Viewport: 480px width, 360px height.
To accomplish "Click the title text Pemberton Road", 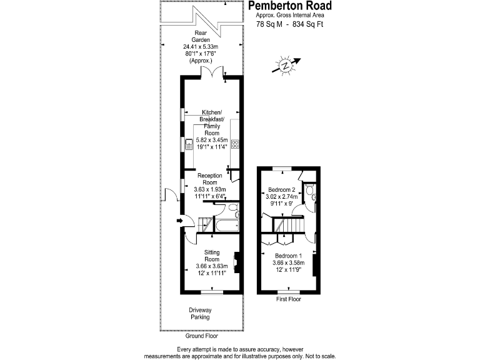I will tap(290, 6).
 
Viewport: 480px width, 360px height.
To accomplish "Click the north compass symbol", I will tap(286, 66).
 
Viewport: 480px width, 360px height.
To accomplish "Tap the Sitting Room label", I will tap(212, 256).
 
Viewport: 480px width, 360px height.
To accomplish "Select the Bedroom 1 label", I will tap(288, 256).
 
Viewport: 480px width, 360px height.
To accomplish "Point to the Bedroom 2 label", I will tap(281, 189).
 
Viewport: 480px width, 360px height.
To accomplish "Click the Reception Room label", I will tap(210, 179).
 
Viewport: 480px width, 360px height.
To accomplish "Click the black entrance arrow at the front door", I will tap(180, 220).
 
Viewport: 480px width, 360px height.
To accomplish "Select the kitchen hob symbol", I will tap(236, 144).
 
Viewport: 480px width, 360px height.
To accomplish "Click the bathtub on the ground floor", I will tap(226, 225).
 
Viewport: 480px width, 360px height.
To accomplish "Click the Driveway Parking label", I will tap(201, 314).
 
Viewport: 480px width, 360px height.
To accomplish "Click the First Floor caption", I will tap(288, 299).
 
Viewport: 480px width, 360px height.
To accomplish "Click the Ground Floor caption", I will tap(201, 336).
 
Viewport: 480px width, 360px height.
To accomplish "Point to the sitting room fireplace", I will tap(236, 261).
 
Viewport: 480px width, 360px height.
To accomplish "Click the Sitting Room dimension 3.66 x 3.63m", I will tap(212, 267).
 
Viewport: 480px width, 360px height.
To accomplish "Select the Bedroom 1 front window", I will tap(288, 291).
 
